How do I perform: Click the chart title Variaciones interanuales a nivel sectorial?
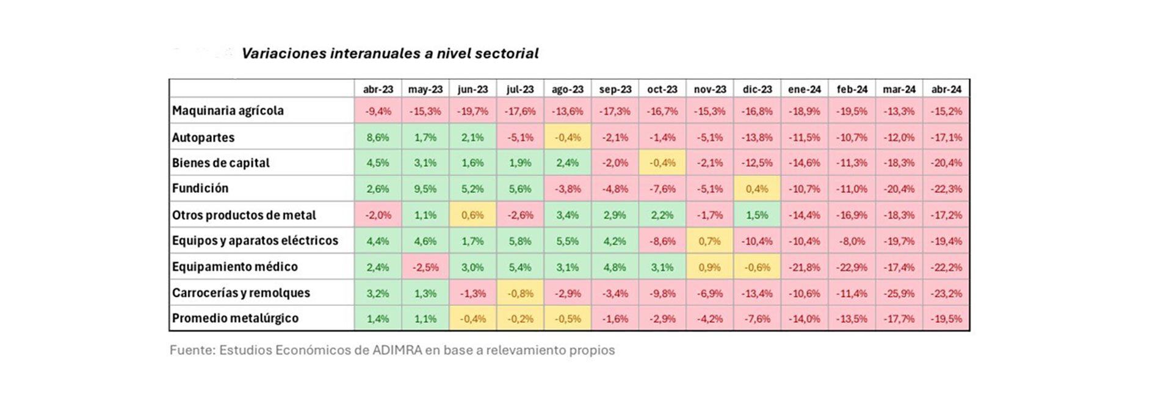[390, 54]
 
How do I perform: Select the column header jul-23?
[520, 89]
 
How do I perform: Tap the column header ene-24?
[805, 89]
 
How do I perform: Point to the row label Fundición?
[200, 188]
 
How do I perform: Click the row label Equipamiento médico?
[235, 267]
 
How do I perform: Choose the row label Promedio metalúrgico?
[235, 318]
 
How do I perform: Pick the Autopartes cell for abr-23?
[378, 137]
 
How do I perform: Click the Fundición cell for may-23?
[425, 189]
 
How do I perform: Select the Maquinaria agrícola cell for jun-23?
[472, 111]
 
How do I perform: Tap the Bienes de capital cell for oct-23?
[662, 163]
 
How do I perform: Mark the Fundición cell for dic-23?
[757, 189]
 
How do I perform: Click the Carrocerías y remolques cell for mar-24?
[899, 293]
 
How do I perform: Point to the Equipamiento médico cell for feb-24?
[852, 267]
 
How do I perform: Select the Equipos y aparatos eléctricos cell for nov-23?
[710, 241]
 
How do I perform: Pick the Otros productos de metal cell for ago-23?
[568, 215]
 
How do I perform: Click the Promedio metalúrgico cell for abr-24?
[947, 319]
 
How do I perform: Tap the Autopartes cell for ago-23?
[568, 137]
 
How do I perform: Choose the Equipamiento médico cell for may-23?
[425, 267]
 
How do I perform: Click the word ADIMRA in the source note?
[397, 350]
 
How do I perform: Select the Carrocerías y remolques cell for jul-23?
[520, 293]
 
